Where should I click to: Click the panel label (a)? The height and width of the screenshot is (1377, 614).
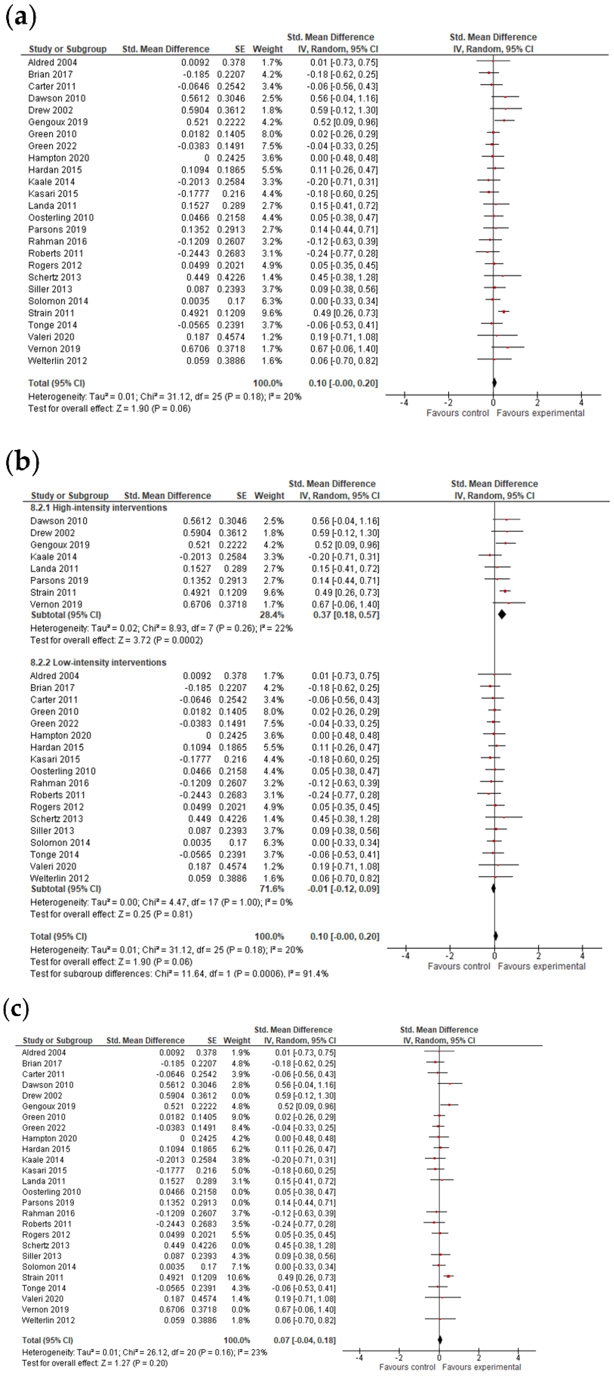(20, 17)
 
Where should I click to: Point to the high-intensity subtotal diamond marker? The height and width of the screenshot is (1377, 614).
(502, 615)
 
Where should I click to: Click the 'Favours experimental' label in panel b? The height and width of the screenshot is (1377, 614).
(541, 967)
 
